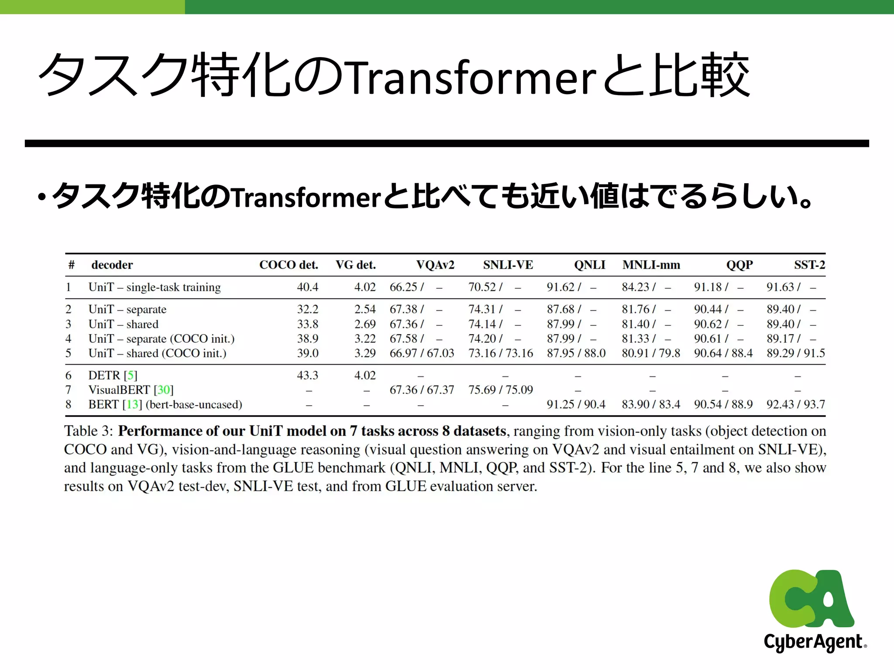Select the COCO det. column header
289,265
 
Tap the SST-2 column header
809,265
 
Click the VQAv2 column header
435,265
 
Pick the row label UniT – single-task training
155,287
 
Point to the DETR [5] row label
113,376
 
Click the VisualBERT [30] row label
131,390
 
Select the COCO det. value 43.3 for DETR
308,376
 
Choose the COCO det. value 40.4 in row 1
308,287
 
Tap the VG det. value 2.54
365,309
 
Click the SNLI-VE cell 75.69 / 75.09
501,390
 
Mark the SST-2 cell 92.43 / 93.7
796,405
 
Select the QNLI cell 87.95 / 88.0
576,353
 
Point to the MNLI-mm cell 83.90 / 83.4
651,405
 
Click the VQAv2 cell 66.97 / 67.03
422,353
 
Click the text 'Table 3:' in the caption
89,431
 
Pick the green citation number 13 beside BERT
132,405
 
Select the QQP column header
739,265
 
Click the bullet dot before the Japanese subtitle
42,198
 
